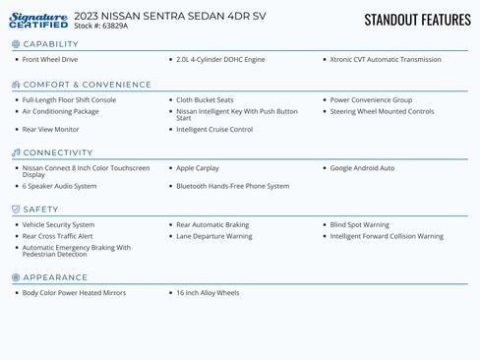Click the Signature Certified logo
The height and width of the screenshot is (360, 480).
click(x=39, y=21)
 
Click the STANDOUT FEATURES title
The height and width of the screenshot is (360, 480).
click(x=417, y=20)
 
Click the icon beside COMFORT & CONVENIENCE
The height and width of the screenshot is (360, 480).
click(x=16, y=85)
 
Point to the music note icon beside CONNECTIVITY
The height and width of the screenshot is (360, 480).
click(x=16, y=153)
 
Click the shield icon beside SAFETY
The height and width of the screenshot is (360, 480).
click(x=16, y=210)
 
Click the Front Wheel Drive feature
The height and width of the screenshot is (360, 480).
click(x=50, y=60)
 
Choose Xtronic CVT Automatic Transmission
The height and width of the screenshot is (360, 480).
click(x=386, y=60)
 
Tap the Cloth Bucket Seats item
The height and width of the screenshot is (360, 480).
click(x=205, y=100)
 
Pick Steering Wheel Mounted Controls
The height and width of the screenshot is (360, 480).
click(x=382, y=111)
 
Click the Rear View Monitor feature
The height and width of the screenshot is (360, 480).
click(x=51, y=129)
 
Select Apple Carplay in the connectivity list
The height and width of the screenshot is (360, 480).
click(x=198, y=168)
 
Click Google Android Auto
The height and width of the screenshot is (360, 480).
click(x=362, y=168)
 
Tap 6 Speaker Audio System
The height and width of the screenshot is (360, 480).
click(x=59, y=186)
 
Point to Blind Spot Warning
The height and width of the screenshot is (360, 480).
click(x=359, y=225)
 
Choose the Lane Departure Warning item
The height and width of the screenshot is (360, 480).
click(x=213, y=236)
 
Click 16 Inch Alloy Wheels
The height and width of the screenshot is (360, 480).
click(x=208, y=293)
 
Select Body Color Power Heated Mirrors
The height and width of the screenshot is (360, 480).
click(x=74, y=293)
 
